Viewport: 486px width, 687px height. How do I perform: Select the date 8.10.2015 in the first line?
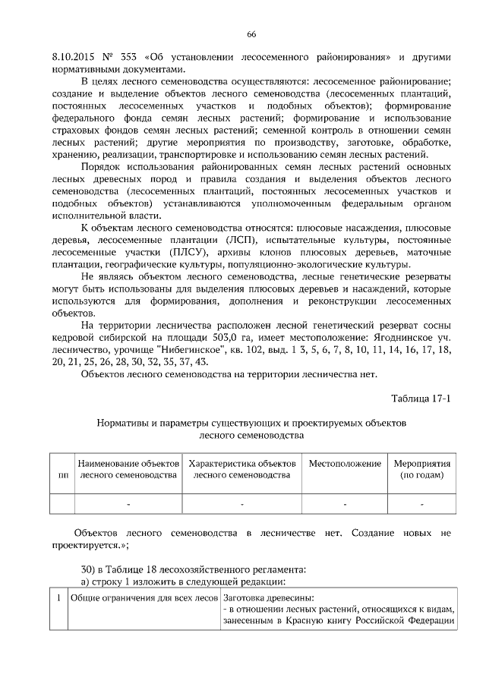[x=72, y=57]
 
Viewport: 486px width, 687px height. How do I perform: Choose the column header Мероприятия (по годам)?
[x=421, y=469]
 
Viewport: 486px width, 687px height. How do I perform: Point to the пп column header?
[x=62, y=475]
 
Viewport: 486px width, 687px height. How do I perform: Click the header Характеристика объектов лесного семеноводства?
[x=241, y=469]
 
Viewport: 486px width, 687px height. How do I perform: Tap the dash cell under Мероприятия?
[x=421, y=503]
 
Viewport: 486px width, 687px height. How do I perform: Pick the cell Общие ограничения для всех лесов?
[x=144, y=597]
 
